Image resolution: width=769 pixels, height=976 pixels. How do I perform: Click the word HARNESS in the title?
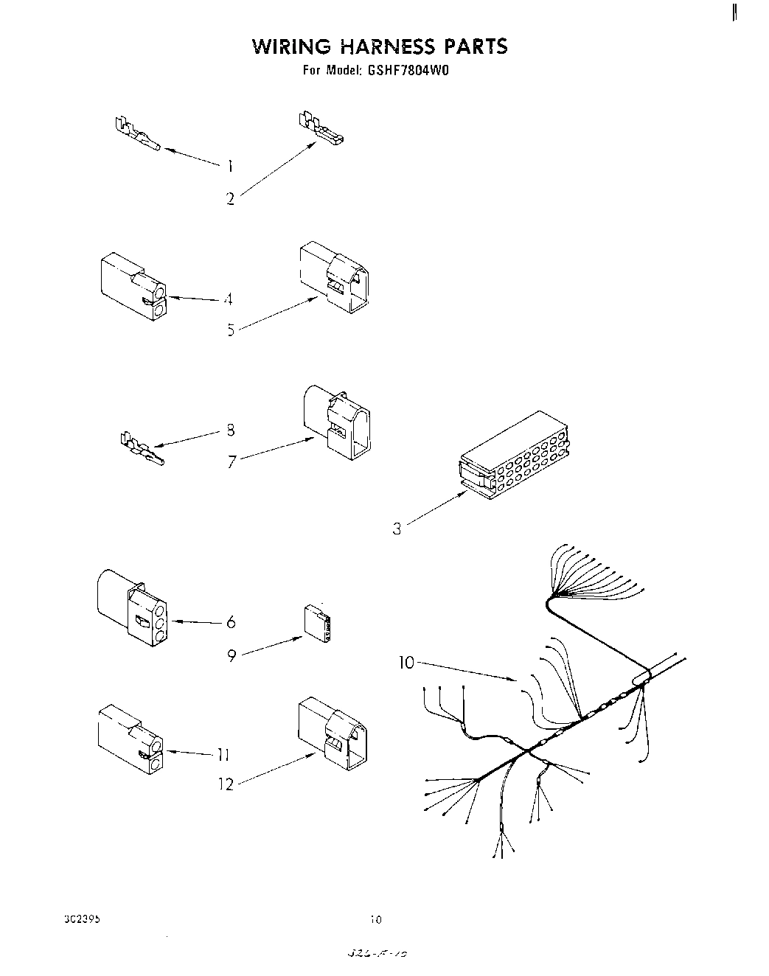[x=387, y=46]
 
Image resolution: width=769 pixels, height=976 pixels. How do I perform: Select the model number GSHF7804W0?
[x=407, y=72]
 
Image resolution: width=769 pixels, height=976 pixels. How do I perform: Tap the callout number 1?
[x=230, y=167]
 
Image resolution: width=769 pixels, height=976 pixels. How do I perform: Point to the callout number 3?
[x=397, y=529]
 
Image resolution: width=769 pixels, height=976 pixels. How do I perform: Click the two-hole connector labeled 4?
[x=131, y=288]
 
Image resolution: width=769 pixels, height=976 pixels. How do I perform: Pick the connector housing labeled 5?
[x=334, y=278]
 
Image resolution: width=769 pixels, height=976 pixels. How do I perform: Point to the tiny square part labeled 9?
[x=317, y=622]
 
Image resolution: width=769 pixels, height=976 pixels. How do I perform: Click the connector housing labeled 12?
[x=333, y=733]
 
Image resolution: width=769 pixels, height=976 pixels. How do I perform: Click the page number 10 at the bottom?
[x=376, y=920]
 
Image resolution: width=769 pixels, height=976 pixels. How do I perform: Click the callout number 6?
[x=231, y=623]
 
